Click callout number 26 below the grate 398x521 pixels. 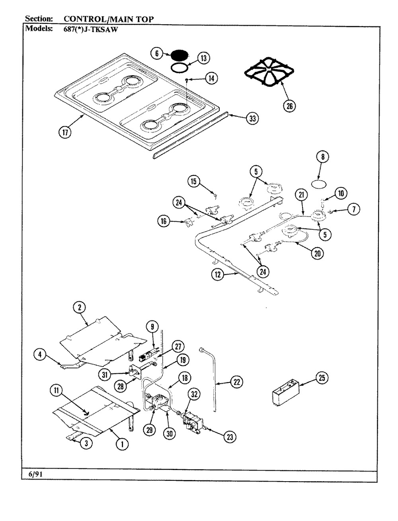tap(289, 106)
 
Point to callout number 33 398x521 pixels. tap(251, 118)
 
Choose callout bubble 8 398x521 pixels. tap(323, 157)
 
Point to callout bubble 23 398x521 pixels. tap(230, 437)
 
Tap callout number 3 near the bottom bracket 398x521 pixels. tap(84, 444)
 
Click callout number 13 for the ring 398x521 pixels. tap(203, 59)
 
